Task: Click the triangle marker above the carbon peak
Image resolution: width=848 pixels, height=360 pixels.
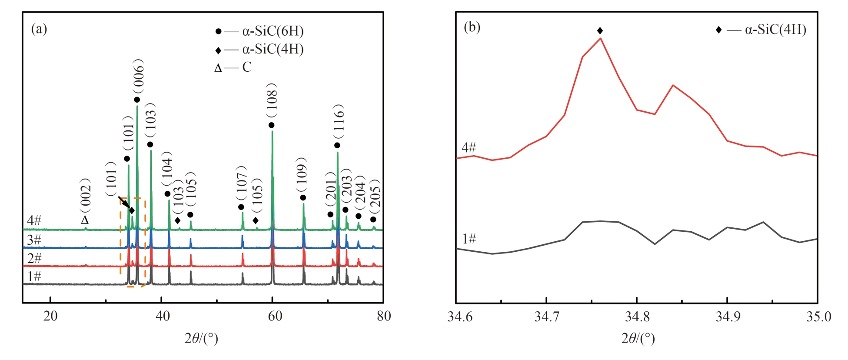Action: [85, 220]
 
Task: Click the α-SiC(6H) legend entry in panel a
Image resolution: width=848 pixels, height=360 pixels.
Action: [259, 31]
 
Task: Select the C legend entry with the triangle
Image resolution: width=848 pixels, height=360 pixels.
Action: [233, 67]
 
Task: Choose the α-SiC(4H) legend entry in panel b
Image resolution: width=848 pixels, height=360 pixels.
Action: [761, 30]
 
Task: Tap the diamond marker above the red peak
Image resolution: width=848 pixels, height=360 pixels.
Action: [600, 30]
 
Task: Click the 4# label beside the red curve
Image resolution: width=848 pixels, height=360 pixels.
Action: [469, 148]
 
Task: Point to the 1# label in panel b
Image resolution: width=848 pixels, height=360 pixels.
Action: [469, 239]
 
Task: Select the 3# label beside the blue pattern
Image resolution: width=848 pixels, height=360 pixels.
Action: [34, 240]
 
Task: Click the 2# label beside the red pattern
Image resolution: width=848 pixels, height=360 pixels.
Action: [34, 258]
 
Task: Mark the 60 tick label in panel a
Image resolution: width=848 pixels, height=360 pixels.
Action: [275, 316]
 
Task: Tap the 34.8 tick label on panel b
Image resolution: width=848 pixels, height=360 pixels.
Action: [637, 317]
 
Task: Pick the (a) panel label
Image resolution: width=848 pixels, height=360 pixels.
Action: [39, 29]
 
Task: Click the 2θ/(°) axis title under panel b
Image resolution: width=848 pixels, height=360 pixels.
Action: [638, 338]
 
